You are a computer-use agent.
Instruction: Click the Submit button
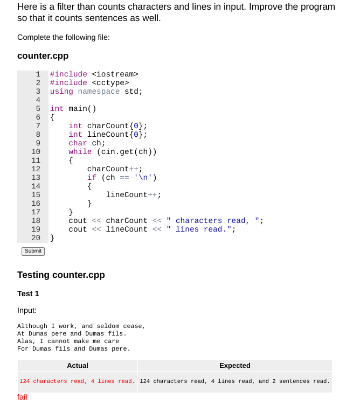[33, 251]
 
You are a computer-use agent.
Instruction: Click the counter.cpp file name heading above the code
[43, 56]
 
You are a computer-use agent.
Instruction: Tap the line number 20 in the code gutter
[36, 238]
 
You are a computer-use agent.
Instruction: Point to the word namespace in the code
[99, 91]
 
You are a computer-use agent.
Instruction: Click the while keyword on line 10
[80, 151]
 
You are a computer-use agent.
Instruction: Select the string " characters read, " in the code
[214, 220]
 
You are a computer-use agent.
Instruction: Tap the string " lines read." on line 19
[201, 229]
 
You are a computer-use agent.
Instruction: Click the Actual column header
[78, 366]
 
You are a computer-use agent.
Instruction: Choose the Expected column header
[234, 366]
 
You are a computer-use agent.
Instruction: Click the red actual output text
[77, 381]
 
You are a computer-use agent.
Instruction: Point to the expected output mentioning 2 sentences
[234, 381]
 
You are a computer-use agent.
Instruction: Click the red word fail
[22, 397]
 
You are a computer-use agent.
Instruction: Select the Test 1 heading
[28, 294]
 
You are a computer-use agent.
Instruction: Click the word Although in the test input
[32, 326]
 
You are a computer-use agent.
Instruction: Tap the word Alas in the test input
[25, 341]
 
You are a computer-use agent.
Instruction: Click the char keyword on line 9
[78, 143]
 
